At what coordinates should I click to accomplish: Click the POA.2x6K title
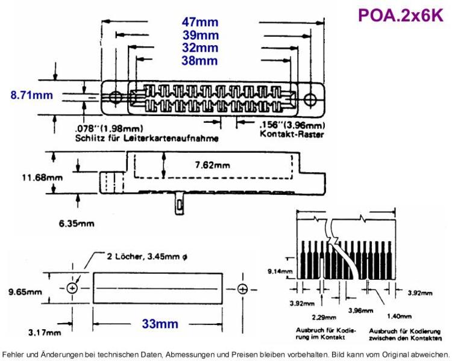(401, 15)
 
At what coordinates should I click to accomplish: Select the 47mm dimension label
(200, 22)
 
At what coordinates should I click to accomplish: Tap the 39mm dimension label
(201, 35)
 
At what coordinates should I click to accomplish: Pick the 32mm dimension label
(200, 48)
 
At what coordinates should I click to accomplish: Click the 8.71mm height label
(32, 95)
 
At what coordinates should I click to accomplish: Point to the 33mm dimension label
(160, 324)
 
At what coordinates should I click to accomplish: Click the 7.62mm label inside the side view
(213, 165)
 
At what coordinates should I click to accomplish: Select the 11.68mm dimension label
(42, 177)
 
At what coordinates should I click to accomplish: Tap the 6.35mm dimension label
(77, 223)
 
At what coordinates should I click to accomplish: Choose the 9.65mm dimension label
(25, 292)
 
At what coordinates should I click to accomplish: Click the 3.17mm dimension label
(45, 333)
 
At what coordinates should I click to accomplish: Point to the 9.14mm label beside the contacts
(280, 271)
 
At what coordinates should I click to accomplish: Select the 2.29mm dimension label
(324, 318)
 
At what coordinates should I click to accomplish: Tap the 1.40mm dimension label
(399, 316)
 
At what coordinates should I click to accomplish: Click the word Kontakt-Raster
(292, 134)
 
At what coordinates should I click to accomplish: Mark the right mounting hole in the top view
(310, 99)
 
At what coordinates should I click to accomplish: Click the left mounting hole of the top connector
(116, 97)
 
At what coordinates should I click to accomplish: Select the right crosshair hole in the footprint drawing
(243, 288)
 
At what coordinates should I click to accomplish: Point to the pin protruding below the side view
(180, 204)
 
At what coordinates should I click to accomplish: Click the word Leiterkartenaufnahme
(171, 138)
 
